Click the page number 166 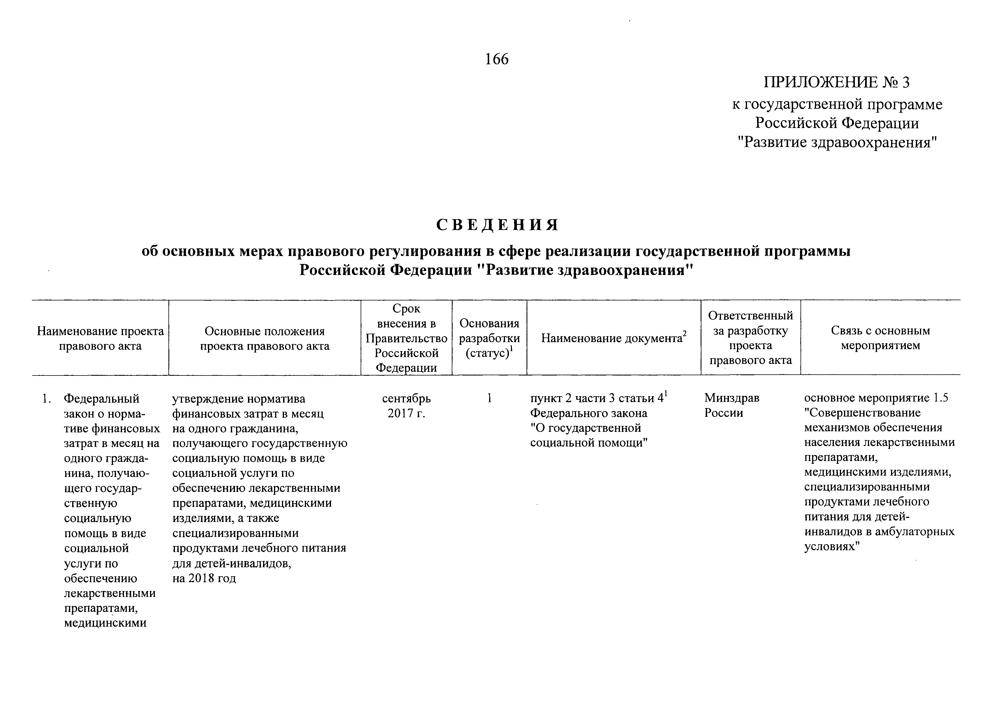(x=497, y=59)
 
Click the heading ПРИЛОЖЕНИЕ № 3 (x=836, y=82)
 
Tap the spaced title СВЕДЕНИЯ (x=497, y=225)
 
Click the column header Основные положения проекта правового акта (x=265, y=338)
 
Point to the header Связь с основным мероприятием (x=880, y=338)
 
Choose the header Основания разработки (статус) (x=489, y=338)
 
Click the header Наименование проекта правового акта (x=100, y=338)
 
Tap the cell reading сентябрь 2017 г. (x=406, y=406)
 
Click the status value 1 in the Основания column (x=489, y=398)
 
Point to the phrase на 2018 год (x=204, y=578)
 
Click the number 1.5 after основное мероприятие (x=940, y=398)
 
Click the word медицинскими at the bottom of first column (x=105, y=623)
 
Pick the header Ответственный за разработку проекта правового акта (x=750, y=338)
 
